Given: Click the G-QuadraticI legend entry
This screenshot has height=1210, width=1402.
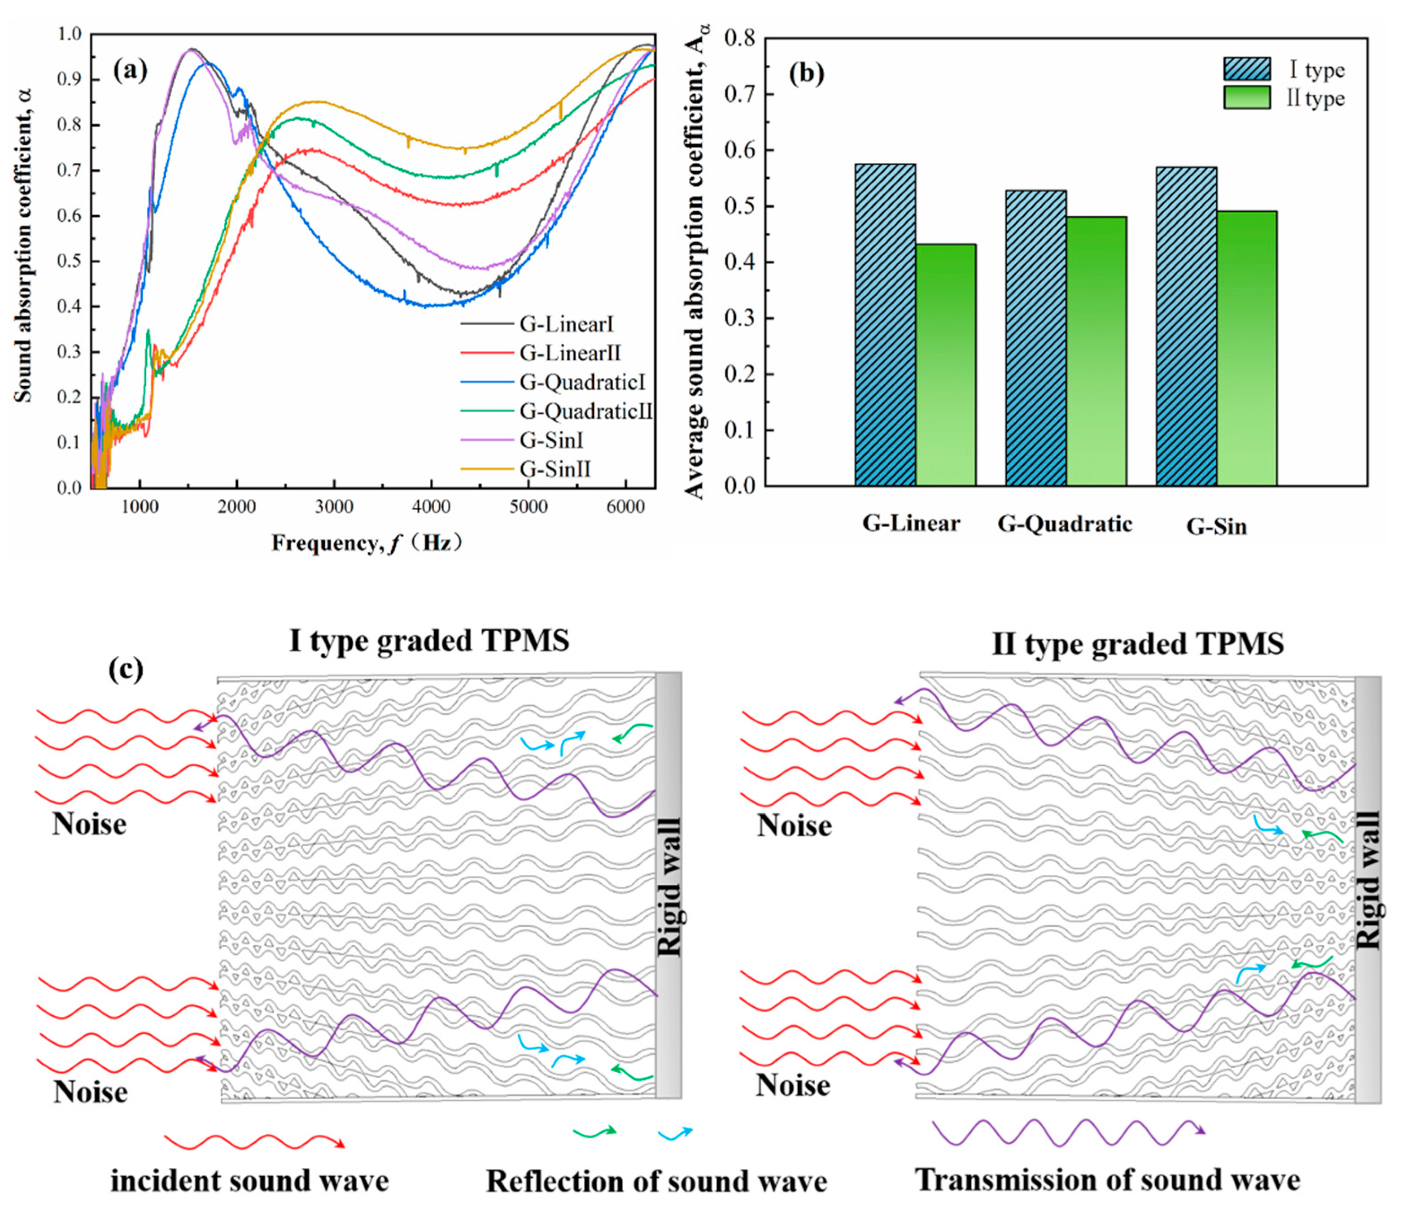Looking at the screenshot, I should pos(582,382).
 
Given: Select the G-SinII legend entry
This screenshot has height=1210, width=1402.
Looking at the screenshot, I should pos(555,469).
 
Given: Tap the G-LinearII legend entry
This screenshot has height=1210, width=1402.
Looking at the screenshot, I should pos(570,353).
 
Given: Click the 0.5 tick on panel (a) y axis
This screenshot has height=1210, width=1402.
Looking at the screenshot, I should pos(68,261).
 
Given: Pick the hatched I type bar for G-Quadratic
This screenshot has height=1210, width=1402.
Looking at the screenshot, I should pos(1035,338).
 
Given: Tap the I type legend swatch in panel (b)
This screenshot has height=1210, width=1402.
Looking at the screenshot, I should pos(1246,69).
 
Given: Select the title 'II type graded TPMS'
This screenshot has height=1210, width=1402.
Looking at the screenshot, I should pos(1137,643).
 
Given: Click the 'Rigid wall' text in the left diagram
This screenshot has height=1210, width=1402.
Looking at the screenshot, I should pos(669,887).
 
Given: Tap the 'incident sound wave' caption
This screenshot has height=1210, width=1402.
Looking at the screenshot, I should pos(250,1181).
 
